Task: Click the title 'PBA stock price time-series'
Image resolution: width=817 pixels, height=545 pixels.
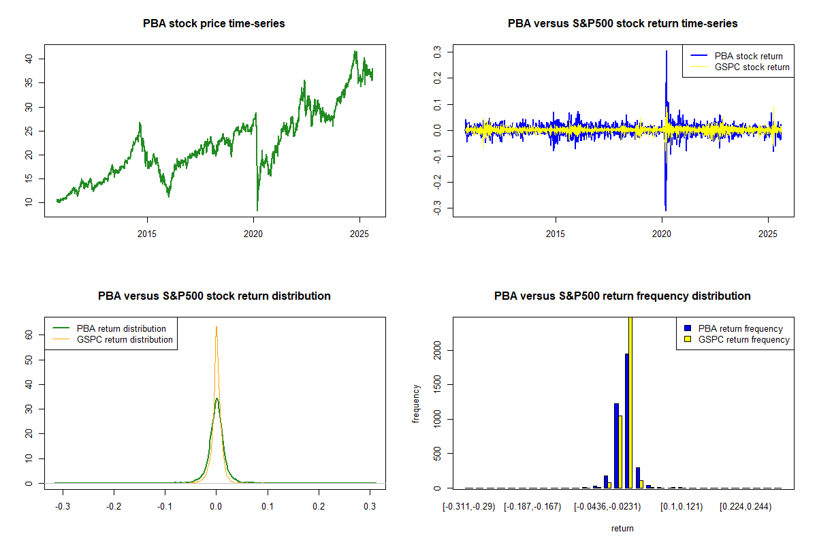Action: (214, 23)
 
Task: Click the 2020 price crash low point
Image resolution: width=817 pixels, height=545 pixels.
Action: (257, 210)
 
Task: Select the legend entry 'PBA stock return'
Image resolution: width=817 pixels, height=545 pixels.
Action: (748, 56)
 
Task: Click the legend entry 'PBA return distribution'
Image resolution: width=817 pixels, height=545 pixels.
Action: (121, 328)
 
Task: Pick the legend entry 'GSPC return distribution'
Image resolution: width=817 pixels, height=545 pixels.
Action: (125, 339)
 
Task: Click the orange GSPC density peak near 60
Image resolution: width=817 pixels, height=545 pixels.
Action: (217, 328)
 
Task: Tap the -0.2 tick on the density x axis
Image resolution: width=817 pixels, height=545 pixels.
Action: (114, 507)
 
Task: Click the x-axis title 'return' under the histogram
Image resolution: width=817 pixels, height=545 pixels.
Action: (622, 528)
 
